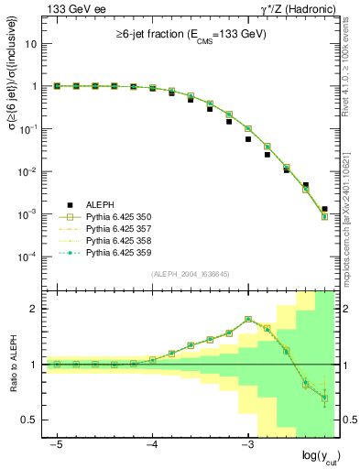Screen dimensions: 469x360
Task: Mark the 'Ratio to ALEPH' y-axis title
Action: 17,364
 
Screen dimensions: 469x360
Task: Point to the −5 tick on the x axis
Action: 57,442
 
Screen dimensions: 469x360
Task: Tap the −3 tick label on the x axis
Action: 247,442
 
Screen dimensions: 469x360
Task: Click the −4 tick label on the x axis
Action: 152,442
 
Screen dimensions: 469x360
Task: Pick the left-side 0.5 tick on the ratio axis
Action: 32,420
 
